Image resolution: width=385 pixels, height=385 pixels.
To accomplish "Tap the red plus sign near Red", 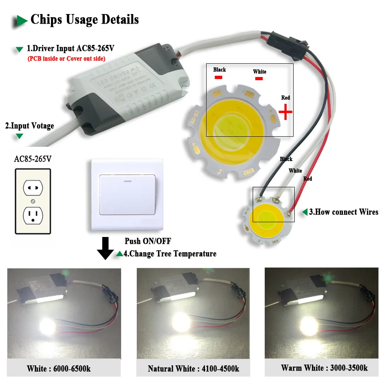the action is (x=285, y=113).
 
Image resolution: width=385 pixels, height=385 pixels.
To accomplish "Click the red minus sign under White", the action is (x=259, y=79).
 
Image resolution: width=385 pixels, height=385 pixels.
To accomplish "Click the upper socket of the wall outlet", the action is (x=33, y=186).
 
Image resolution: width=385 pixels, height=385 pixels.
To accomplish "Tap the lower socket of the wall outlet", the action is (x=33, y=215).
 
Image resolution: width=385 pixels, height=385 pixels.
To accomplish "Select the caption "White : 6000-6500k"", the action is (x=59, y=368).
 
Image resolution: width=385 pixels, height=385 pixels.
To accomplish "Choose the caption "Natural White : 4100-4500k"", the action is (x=193, y=368).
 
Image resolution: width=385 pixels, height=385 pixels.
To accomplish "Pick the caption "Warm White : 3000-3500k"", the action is (x=324, y=367).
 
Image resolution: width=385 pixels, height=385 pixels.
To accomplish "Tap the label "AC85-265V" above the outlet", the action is (x=33, y=159).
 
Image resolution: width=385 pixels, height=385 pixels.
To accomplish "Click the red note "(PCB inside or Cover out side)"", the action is (x=66, y=59).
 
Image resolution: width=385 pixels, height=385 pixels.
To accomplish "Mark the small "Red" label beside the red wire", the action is (x=308, y=178).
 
